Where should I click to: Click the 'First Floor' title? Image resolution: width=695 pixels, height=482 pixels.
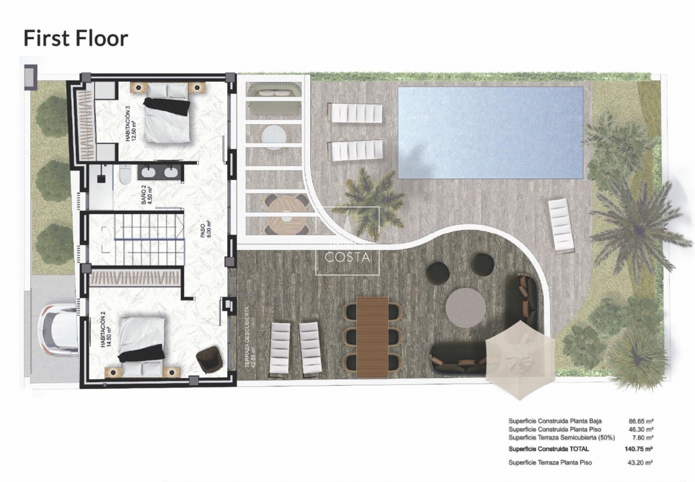coord(76,38)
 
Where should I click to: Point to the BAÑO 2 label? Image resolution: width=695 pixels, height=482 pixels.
coord(147,195)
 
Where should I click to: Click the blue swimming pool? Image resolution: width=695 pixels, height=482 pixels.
coord(490,132)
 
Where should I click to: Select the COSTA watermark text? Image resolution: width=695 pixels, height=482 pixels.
coord(347,257)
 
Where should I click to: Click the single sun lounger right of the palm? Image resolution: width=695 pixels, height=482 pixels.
coord(561,224)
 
